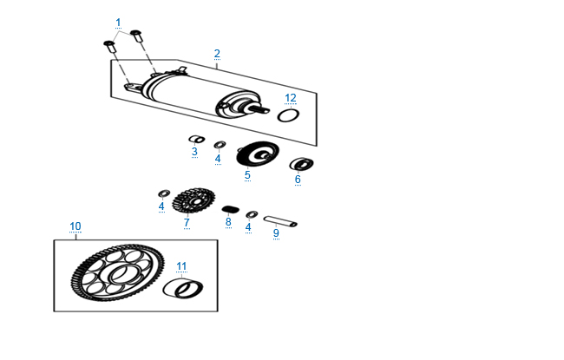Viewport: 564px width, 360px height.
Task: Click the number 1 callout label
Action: [118, 22]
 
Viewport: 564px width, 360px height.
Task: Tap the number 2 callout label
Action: [217, 54]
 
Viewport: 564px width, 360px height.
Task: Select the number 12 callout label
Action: [292, 97]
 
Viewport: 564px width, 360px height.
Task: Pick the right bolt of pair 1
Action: [136, 36]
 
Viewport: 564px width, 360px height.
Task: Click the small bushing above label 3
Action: [196, 138]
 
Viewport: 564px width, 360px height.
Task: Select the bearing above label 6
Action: [301, 163]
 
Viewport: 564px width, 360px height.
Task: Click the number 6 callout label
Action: [298, 180]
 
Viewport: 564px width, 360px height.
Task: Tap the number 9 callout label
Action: [276, 232]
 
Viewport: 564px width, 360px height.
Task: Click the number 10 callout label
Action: [75, 226]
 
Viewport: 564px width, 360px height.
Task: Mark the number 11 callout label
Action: [180, 265]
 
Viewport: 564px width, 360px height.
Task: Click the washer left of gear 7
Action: [162, 192]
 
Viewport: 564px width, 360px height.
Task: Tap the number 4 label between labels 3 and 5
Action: [218, 159]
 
